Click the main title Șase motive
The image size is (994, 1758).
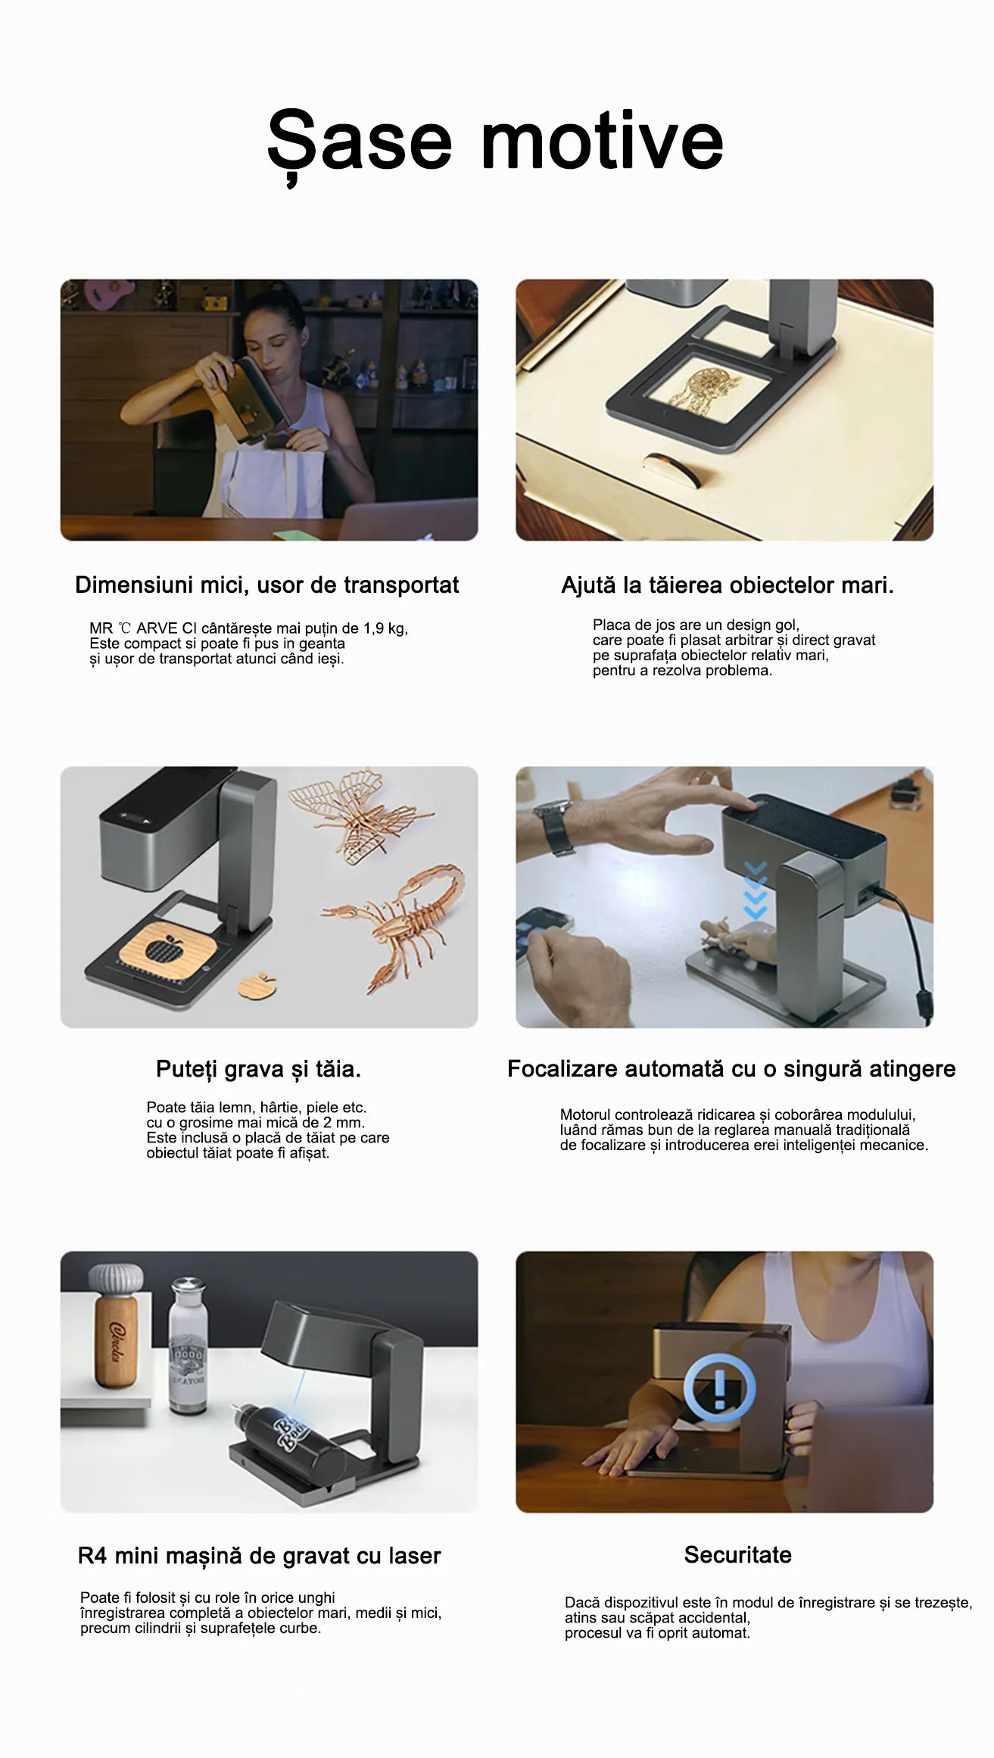click(496, 142)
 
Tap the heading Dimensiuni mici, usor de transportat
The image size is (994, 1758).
click(266, 584)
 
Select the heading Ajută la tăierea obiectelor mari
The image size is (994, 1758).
click(728, 584)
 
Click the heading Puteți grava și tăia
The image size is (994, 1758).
click(258, 1068)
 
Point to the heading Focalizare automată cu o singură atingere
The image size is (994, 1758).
click(731, 1068)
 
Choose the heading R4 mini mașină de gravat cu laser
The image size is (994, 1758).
click(259, 1555)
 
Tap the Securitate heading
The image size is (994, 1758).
click(738, 1554)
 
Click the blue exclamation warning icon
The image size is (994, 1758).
click(719, 1387)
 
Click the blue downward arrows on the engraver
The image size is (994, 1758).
click(756, 890)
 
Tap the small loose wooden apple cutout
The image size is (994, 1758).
click(257, 986)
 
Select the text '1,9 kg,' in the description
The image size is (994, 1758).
click(385, 628)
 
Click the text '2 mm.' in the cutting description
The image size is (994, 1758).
click(344, 1122)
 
